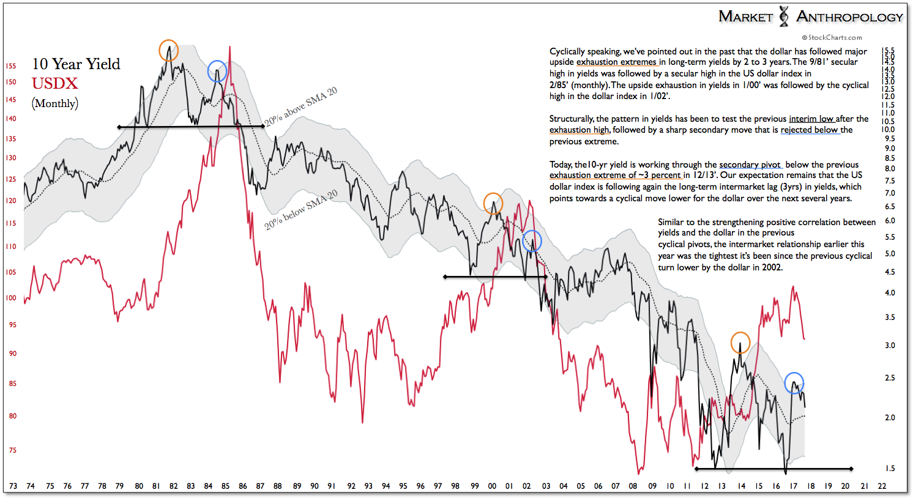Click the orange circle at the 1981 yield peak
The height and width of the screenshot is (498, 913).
click(168, 50)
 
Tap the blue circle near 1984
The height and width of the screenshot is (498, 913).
click(217, 71)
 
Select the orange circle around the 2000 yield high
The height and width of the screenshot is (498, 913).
click(493, 203)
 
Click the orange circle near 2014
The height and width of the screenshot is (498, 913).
click(740, 343)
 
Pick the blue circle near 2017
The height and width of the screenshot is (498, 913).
click(794, 383)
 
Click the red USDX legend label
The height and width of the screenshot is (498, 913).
click(55, 84)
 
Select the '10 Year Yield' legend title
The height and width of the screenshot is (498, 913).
click(76, 64)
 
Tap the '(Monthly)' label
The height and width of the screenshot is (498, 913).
click(55, 103)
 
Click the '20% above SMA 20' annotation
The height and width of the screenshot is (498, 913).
click(300, 107)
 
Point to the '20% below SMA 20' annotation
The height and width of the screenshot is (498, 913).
click(300, 210)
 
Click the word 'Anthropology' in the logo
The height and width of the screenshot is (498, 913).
click(849, 17)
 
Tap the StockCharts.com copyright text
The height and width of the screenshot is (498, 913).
click(832, 37)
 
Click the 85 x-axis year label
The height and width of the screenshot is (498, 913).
click(226, 486)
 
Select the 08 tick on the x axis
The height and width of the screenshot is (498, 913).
click(633, 486)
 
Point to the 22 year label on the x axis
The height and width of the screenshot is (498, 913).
click(882, 486)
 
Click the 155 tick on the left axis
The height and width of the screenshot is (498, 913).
click(11, 66)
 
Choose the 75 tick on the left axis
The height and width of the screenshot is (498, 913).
click(12, 450)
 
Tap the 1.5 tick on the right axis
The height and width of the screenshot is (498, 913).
click(890, 469)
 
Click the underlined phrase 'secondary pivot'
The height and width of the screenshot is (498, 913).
click(750, 165)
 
